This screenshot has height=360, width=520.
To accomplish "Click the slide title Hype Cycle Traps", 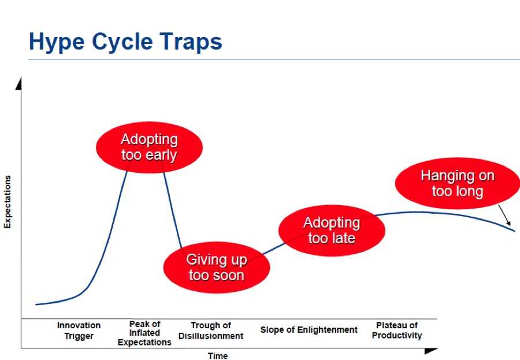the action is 125,42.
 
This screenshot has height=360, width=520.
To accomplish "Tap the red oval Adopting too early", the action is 149,147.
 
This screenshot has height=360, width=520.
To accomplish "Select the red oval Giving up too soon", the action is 217,268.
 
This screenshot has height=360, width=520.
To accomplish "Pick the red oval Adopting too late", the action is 332,231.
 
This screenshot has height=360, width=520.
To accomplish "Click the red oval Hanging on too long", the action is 458,183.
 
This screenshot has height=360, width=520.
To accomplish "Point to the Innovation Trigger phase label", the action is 79,331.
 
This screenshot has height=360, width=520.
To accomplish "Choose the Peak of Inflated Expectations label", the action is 144,333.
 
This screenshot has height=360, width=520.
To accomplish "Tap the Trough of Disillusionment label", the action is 211,331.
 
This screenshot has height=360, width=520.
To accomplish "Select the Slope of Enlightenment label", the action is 309,330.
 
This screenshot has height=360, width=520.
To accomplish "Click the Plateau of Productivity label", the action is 397,330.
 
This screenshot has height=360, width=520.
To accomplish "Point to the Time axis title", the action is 218,356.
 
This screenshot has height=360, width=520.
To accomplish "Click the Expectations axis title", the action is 8,202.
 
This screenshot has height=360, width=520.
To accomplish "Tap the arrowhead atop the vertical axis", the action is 19,84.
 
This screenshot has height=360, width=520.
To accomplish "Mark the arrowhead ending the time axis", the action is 431,350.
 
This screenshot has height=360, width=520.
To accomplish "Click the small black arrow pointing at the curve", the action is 504,215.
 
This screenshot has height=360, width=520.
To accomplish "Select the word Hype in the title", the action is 57,42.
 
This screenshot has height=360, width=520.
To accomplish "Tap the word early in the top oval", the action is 161,155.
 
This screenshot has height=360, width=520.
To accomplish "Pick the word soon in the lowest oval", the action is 229,276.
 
